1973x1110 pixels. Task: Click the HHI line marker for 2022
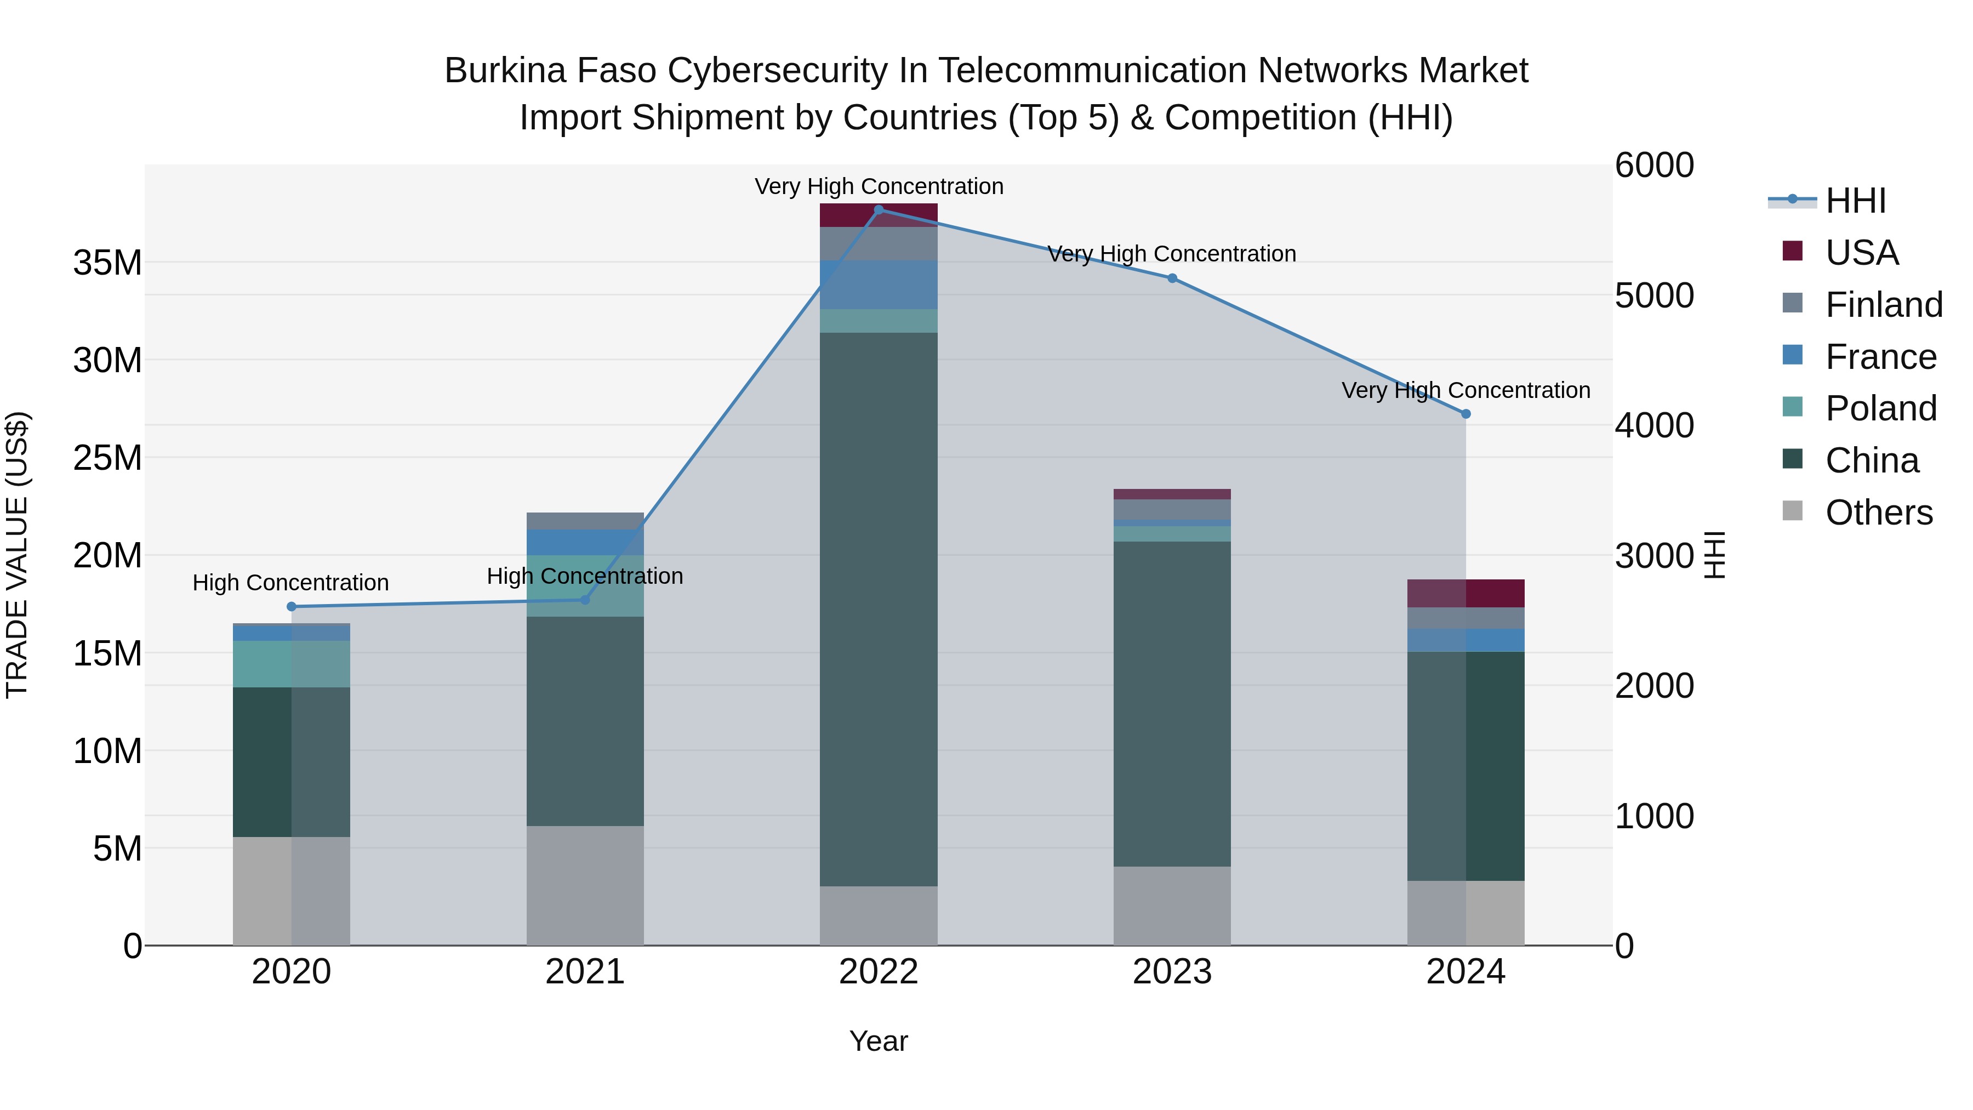(879, 209)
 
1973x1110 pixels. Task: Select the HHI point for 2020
(291, 607)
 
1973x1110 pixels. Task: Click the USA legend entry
(1861, 253)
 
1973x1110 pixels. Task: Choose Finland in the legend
(1883, 305)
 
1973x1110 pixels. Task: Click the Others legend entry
(1878, 513)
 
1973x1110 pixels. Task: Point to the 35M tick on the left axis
(107, 263)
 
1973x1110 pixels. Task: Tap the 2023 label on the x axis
(1172, 972)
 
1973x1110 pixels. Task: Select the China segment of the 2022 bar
(879, 609)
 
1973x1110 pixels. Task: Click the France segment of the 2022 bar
(879, 285)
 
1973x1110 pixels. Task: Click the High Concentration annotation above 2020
(290, 583)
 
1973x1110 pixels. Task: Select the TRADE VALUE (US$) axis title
(18, 555)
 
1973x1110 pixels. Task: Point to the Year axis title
(879, 1041)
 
